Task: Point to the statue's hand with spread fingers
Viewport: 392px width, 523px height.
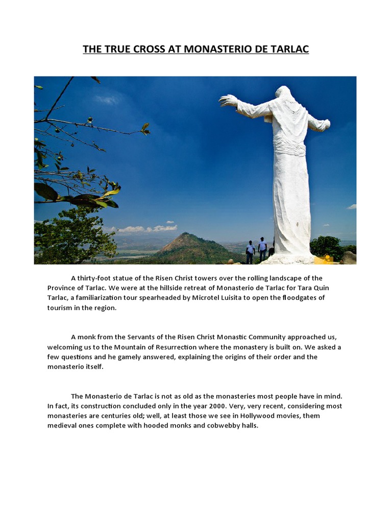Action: (x=228, y=100)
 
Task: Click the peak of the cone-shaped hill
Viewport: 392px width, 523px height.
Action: (x=188, y=235)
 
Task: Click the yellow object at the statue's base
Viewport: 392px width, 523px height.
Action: (x=327, y=258)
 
